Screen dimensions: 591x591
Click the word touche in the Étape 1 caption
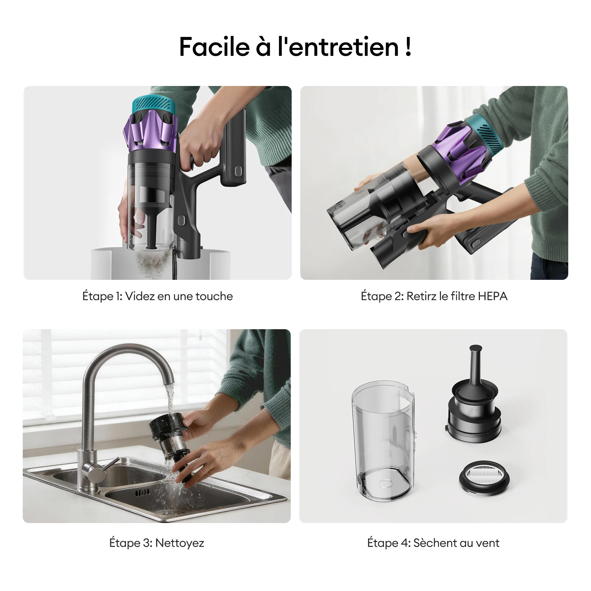tap(214, 296)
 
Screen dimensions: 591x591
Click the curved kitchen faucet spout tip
tap(168, 381)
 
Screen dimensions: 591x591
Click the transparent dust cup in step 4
tap(383, 441)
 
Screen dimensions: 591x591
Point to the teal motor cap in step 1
tap(154, 104)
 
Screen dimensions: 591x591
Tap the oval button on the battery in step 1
tap(238, 171)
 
